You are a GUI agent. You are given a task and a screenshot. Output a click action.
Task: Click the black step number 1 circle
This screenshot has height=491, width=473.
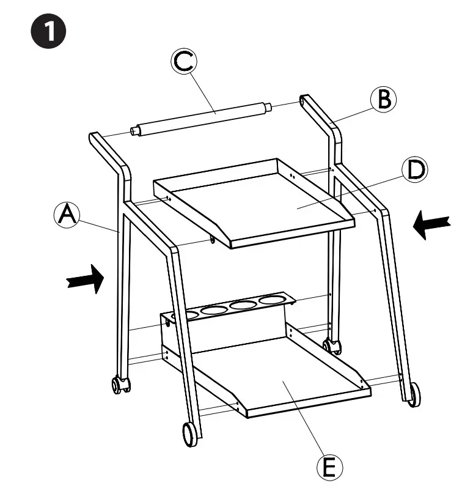tap(48, 32)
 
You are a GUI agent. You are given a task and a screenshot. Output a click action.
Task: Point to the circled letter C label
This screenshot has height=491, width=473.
tap(183, 63)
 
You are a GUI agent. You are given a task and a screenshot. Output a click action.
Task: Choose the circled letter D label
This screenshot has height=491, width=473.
tap(415, 170)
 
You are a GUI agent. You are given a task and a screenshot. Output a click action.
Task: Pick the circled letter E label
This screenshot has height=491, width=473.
tap(328, 467)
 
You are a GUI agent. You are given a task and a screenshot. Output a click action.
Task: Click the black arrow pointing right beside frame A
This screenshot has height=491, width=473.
tap(84, 279)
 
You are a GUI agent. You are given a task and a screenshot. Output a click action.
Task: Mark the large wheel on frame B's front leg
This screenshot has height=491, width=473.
tap(415, 394)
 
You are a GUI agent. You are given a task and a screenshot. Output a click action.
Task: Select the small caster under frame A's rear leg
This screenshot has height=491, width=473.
tap(119, 386)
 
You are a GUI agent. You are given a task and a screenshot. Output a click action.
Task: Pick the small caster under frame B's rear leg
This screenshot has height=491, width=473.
tap(334, 347)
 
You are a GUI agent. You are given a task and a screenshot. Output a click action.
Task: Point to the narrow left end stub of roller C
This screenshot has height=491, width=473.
tap(134, 131)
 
